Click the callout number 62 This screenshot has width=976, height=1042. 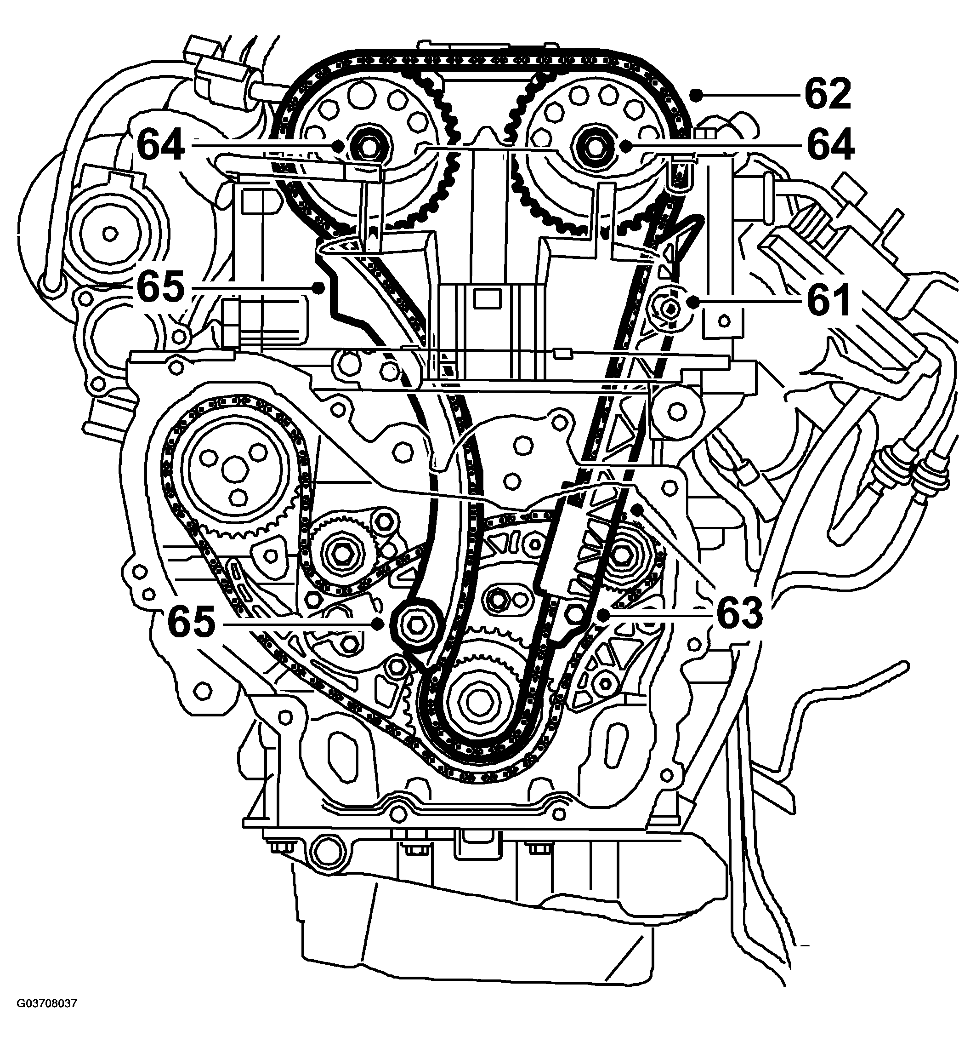point(828,94)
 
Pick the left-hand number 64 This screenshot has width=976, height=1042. point(161,145)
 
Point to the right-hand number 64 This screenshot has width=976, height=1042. point(830,145)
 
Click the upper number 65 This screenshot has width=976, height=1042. point(161,287)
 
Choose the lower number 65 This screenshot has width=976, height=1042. point(191,623)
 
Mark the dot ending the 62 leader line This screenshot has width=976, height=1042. point(696,94)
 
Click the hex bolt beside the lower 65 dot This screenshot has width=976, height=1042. point(416,623)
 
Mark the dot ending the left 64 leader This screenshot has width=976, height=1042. point(339,145)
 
